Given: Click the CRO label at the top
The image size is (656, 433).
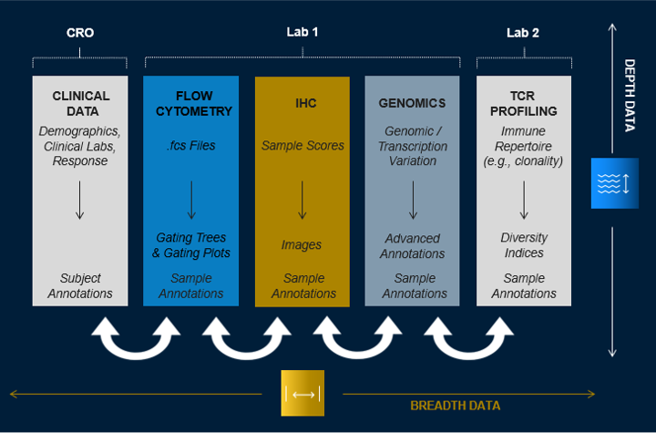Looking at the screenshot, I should tap(80, 33).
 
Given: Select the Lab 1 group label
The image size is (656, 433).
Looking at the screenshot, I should tap(302, 32).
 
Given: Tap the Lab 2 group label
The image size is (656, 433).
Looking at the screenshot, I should tap(523, 33).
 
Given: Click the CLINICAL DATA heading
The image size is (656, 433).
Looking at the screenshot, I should tap(80, 103).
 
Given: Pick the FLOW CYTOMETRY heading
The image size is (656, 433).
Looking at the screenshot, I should tap(191, 103).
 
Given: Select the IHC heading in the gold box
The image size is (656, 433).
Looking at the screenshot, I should tap(302, 103).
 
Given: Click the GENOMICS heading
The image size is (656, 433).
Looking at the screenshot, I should tap(413, 103).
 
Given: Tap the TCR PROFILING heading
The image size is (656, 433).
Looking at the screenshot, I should tap(524, 103).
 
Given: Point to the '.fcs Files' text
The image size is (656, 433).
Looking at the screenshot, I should tap(191, 146).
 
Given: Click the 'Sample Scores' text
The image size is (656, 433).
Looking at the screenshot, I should tap(302, 146).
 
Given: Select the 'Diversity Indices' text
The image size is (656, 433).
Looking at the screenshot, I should tap(524, 245).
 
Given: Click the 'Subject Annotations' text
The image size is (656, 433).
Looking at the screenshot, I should tap(80, 285).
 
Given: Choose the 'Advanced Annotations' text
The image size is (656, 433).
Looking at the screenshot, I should tap(413, 245).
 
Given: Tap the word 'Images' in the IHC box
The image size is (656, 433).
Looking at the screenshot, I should tap(302, 244).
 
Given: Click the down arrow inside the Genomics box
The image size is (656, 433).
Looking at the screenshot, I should tap(413, 200).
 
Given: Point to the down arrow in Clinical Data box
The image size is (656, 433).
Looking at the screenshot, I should tap(80, 200).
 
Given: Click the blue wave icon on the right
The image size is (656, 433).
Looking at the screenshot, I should tap(609, 183).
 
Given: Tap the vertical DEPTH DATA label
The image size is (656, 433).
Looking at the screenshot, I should tap(629, 96).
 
